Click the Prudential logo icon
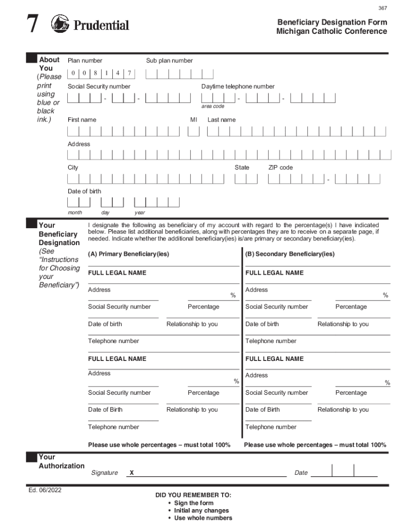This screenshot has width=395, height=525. pyautogui.click(x=60, y=24)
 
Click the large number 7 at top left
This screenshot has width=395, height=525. pyautogui.click(x=32, y=24)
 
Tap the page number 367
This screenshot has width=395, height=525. pyautogui.click(x=383, y=8)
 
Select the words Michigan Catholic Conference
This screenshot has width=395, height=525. pyautogui.click(x=331, y=31)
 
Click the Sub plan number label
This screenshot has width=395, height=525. pyautogui.click(x=169, y=60)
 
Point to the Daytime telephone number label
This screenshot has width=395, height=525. pyautogui.click(x=238, y=86)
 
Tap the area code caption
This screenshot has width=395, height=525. pyautogui.click(x=212, y=106)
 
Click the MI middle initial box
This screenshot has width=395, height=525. pyautogui.click(x=193, y=132)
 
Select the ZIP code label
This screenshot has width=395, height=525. pyautogui.click(x=280, y=168)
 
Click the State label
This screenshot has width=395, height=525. pyautogui.click(x=242, y=168)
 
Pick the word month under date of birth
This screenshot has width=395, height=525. pyautogui.click(x=75, y=212)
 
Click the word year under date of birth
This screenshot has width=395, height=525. pyautogui.click(x=140, y=212)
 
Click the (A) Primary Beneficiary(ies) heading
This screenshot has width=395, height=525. pyautogui.click(x=128, y=254)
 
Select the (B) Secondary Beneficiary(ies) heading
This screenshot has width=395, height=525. pyautogui.click(x=290, y=254)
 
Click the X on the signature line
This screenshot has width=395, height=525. pyautogui.click(x=132, y=473)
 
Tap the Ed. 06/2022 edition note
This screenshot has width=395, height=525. pyautogui.click(x=45, y=490)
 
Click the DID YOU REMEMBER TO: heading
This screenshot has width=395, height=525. pyautogui.click(x=193, y=495)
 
